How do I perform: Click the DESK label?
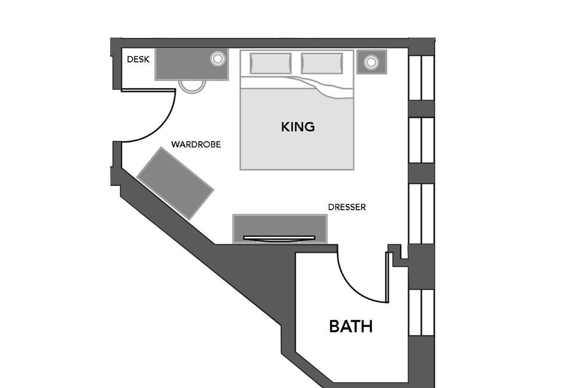click(x=138, y=59)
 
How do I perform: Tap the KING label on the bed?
click(x=297, y=127)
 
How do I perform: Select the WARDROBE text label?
click(x=196, y=144)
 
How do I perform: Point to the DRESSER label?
click(x=347, y=207)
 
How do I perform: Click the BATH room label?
click(x=351, y=326)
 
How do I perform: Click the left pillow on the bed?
click(x=271, y=63)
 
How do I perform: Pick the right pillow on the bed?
click(x=322, y=63)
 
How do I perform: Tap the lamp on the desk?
click(x=218, y=59)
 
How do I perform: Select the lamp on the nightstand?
click(x=371, y=62)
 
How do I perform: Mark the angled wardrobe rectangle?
click(x=175, y=183)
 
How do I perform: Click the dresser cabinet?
click(x=280, y=228)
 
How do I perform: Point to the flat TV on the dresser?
click(x=279, y=238)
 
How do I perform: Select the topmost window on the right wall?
click(x=421, y=77)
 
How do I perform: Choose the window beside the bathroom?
click(x=421, y=312)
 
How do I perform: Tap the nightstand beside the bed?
click(x=371, y=62)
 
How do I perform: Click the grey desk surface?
click(x=191, y=64)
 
